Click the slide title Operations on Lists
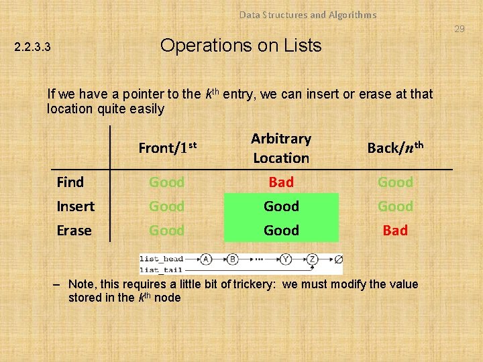(241, 46)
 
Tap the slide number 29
(459, 29)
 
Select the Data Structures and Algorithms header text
(308, 15)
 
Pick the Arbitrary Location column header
(281, 148)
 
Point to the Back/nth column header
(395, 147)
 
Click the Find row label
(70, 182)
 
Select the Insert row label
(75, 206)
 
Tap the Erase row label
(74, 231)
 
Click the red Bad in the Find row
(281, 182)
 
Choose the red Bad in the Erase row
(395, 231)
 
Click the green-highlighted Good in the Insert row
(281, 206)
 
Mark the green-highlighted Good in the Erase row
(281, 231)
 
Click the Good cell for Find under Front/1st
(166, 182)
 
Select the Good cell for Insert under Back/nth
(395, 206)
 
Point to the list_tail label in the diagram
(161, 269)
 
